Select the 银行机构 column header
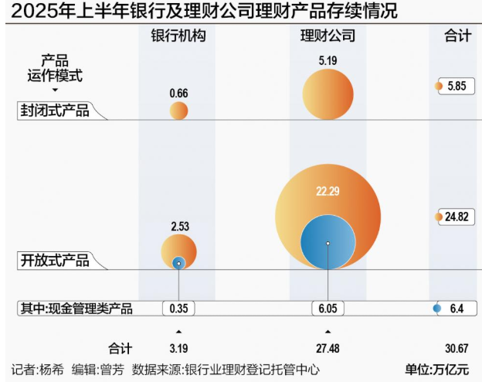tap(178, 36)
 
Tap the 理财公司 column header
tap(328, 36)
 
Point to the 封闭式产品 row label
tap(54, 111)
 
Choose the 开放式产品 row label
tap(54, 261)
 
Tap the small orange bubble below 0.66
tap(178, 111)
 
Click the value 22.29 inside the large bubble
tap(328, 190)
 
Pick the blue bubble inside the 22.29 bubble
tap(328, 243)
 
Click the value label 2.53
tap(178, 227)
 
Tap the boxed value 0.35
tap(178, 309)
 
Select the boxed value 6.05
tap(328, 309)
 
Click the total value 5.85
tap(456, 87)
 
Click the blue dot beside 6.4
tap(437, 309)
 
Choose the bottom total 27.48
tap(328, 348)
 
